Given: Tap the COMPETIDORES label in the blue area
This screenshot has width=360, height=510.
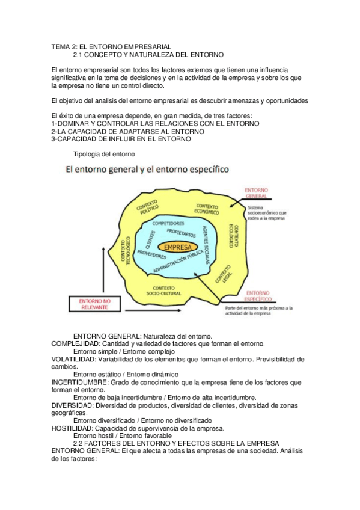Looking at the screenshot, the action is coord(168,223).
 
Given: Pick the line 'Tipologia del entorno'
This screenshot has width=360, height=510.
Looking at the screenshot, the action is coord(99,154).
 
